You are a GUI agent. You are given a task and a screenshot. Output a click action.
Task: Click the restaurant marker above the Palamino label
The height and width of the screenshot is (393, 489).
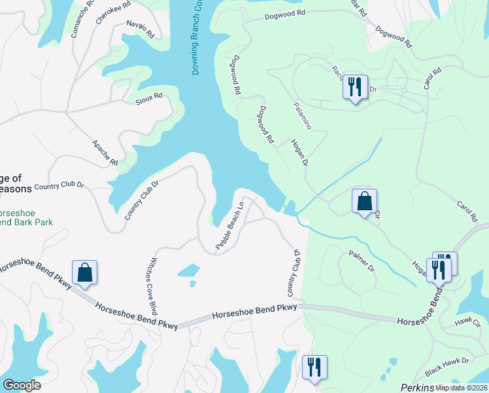(354, 86)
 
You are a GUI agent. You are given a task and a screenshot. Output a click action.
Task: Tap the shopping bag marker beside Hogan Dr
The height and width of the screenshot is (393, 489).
(364, 201)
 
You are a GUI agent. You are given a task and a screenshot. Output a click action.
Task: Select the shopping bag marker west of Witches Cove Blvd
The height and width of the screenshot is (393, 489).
(85, 272)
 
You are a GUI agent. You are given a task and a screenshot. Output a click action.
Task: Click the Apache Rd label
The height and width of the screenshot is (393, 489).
(105, 153)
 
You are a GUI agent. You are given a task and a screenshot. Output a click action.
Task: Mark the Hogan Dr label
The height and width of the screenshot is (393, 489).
(299, 152)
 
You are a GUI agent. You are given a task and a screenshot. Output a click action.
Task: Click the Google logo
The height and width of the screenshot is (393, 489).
(21, 385)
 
